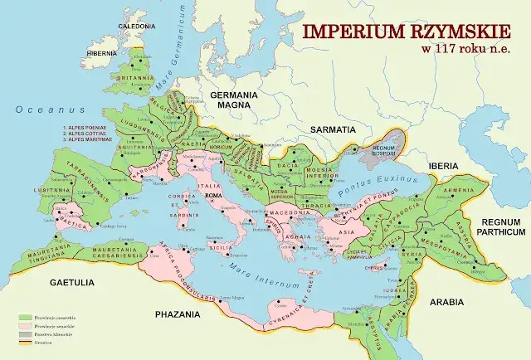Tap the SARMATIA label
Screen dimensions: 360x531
point(332,130)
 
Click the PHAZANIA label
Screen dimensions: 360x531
point(178,314)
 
